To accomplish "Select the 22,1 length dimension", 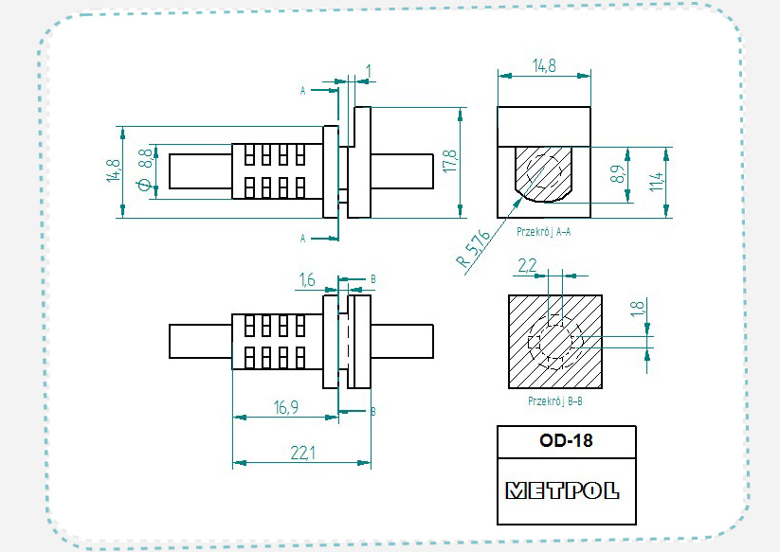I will pos(302,454).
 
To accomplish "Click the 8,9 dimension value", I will pos(616,174).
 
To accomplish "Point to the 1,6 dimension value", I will pos(306,279).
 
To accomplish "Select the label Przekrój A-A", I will pos(543,230).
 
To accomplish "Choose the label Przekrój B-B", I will pos(554,401).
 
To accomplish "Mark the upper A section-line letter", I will pos(303,91).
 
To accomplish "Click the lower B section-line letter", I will pos(372,412).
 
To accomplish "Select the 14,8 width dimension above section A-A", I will pos(545,66).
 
